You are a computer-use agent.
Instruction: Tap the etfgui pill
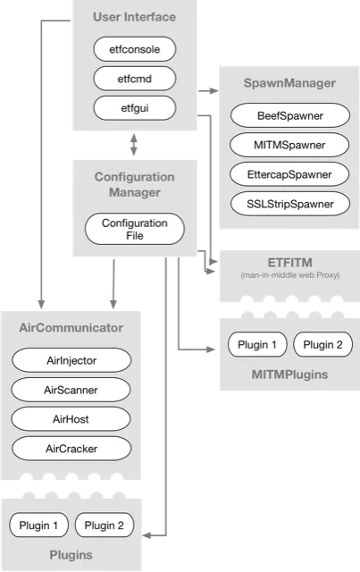point(134,108)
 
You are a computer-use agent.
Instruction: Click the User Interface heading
point(134,17)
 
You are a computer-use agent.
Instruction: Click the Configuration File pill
point(134,229)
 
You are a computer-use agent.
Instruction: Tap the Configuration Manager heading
point(134,184)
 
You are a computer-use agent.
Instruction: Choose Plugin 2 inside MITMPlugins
point(316,345)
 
